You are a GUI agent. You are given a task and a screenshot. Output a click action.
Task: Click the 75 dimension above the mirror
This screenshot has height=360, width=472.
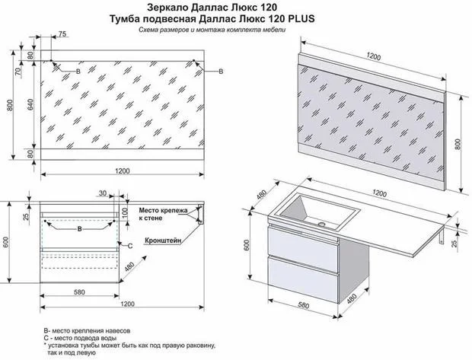(x=62, y=34)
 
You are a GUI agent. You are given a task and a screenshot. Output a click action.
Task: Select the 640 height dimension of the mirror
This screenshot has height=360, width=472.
(x=30, y=104)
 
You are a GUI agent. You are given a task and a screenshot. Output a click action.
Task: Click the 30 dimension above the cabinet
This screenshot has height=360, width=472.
(x=103, y=193)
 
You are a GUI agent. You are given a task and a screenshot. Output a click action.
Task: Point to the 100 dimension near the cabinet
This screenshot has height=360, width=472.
(x=125, y=213)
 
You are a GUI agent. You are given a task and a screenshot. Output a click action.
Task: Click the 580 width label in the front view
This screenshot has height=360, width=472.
(x=79, y=292)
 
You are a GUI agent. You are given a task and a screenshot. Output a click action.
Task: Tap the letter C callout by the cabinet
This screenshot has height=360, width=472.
(x=130, y=247)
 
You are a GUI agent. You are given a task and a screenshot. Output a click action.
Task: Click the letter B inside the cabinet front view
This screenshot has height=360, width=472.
(x=79, y=229)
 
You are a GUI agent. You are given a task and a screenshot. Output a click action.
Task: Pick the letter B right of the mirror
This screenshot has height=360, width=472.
(x=221, y=72)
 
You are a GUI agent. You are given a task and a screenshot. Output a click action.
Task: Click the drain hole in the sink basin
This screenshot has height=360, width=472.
(x=322, y=225)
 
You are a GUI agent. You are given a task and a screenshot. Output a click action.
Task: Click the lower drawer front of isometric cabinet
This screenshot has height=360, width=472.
(x=303, y=279)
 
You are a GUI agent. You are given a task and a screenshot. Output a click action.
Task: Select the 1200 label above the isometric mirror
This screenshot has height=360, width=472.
(x=373, y=56)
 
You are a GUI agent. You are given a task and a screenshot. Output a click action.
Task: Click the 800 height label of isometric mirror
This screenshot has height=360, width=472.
(x=458, y=145)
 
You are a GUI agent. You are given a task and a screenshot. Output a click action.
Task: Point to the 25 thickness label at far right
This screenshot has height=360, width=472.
(x=454, y=243)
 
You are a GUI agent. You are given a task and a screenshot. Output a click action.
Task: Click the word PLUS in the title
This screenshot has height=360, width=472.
(x=301, y=19)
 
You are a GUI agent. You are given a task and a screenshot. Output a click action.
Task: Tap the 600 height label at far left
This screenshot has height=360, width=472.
(x=6, y=243)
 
